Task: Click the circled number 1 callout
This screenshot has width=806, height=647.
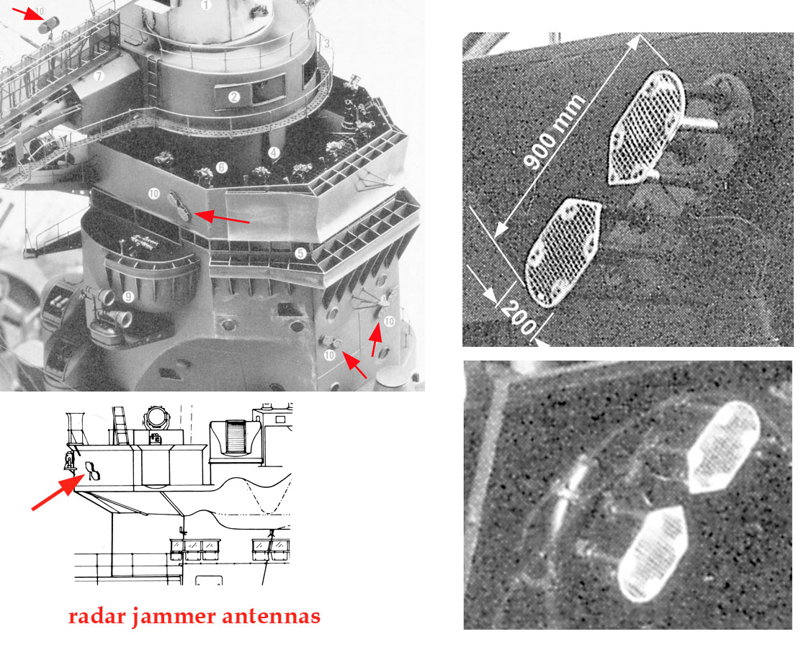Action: coord(205,6)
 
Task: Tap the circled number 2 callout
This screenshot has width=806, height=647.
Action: coord(234,96)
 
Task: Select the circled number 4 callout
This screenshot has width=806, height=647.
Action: coord(274,153)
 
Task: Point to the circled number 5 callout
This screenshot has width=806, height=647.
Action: coord(300,253)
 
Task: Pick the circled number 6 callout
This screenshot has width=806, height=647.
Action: coord(222,167)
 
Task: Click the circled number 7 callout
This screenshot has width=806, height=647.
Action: coord(99,76)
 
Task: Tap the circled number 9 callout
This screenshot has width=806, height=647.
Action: coord(128,297)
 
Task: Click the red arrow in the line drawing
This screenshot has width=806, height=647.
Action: coord(58,493)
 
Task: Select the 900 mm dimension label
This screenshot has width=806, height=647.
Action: coord(554,131)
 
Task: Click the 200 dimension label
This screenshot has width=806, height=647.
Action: coord(519,318)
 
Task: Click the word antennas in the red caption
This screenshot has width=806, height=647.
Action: coord(272,616)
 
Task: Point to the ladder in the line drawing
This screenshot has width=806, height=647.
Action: coord(120,425)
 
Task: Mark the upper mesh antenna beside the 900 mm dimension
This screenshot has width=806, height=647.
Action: coord(646,127)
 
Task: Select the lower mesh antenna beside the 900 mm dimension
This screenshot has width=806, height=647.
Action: coord(563,253)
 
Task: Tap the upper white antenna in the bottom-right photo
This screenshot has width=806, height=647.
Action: coord(724,448)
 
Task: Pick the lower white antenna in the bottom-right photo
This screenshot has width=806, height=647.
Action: coord(653,553)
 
